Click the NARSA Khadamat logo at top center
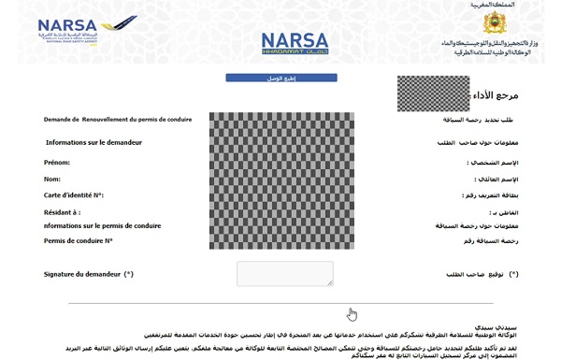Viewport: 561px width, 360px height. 295,42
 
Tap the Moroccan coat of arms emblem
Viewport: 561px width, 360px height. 495,23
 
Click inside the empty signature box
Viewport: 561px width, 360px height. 284,273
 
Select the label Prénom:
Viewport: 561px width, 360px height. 57,163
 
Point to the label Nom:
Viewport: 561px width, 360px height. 51,179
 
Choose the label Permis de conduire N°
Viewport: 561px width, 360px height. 78,240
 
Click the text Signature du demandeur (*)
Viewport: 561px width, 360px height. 89,274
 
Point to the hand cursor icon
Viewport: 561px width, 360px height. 352,314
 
